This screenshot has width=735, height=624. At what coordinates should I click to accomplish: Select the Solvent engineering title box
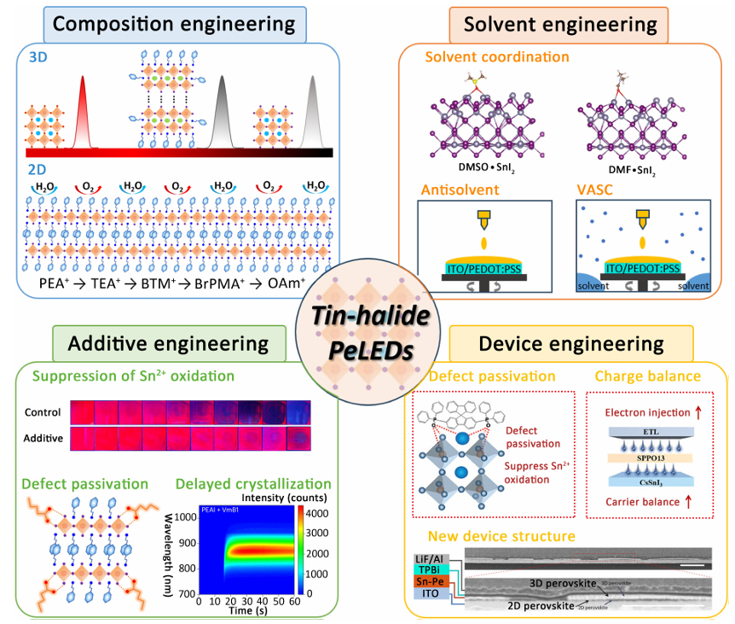(565, 23)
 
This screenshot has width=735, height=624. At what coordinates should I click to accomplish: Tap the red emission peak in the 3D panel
(83, 111)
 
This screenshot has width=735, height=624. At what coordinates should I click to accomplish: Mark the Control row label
(43, 412)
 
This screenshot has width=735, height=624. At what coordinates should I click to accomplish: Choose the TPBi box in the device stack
(425, 569)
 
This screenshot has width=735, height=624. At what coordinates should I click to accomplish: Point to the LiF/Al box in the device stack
(425, 557)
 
